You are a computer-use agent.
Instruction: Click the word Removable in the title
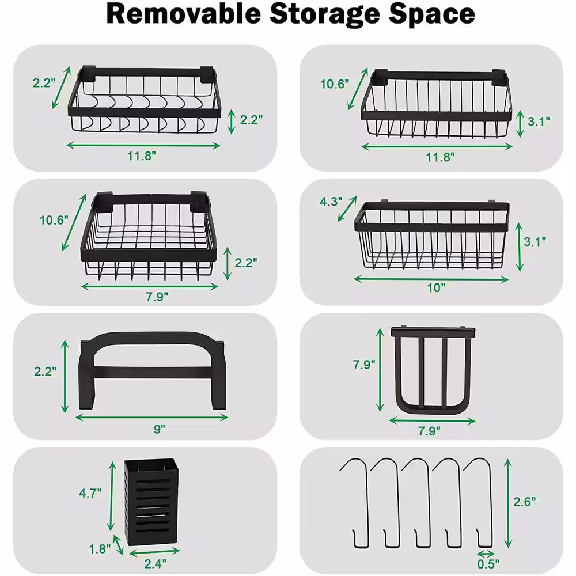(x=184, y=14)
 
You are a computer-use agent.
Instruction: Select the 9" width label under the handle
(x=160, y=429)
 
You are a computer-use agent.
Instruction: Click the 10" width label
(x=436, y=287)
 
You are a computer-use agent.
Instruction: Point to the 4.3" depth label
(x=331, y=202)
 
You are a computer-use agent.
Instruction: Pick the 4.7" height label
(x=90, y=493)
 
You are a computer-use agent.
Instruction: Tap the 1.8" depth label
(x=100, y=549)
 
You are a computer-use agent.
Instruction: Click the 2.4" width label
(x=155, y=563)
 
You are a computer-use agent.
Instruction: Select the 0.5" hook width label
(x=488, y=564)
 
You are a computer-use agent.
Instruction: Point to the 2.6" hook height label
(x=524, y=502)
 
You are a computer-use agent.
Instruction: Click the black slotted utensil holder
(x=151, y=502)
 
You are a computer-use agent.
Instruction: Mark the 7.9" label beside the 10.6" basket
(x=157, y=297)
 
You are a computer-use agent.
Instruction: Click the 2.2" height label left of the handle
(x=45, y=372)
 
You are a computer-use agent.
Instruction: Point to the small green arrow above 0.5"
(x=486, y=553)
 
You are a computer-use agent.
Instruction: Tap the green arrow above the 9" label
(x=151, y=417)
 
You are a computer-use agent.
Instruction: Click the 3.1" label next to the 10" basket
(x=535, y=242)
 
